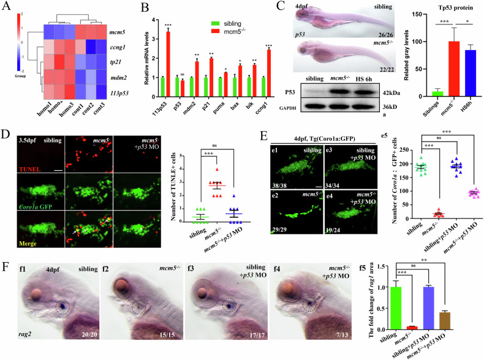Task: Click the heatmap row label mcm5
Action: (127, 28)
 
